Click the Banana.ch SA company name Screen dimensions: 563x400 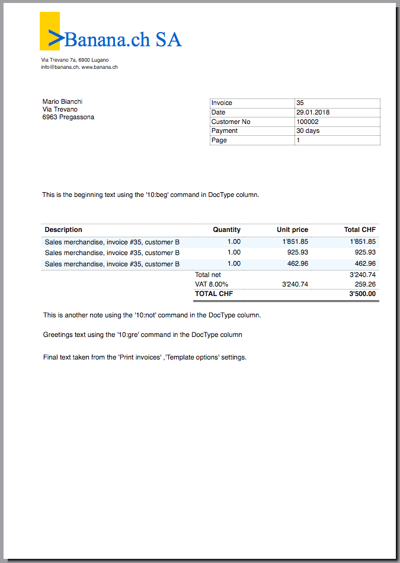[123, 39]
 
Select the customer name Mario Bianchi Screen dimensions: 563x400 [62, 101]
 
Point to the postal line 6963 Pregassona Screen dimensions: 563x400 [68, 117]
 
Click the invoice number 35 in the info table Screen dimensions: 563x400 [300, 103]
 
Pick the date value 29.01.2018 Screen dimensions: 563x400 [313, 112]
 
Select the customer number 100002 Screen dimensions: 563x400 [308, 122]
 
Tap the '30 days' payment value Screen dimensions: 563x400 [308, 131]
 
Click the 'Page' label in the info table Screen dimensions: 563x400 [219, 140]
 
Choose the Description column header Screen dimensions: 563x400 [63, 230]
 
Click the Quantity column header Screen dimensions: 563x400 [227, 230]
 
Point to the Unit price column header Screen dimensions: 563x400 [292, 230]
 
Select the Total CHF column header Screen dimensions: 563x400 [360, 230]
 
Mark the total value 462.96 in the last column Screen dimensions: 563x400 [365, 263]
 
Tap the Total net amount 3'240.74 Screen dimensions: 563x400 [363, 275]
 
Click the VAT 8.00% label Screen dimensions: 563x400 [212, 284]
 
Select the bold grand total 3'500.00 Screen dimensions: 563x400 [362, 294]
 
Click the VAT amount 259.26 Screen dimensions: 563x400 [365, 284]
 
